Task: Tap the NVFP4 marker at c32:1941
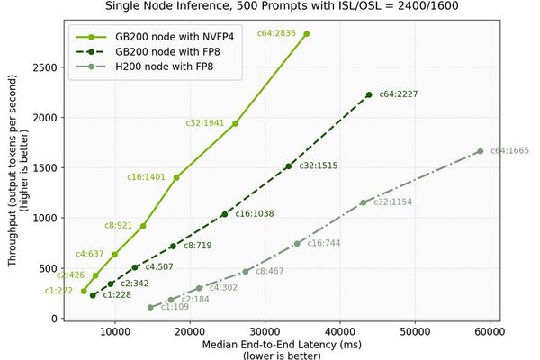pos(236,123)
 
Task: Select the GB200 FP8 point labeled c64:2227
pos(369,94)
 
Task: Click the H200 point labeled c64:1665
pos(481,151)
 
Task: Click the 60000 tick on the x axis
pos(489,331)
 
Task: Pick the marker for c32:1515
pos(288,166)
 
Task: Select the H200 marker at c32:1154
pos(364,202)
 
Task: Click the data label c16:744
pos(325,243)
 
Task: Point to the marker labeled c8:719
pos(173,246)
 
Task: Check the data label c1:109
pos(175,308)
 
